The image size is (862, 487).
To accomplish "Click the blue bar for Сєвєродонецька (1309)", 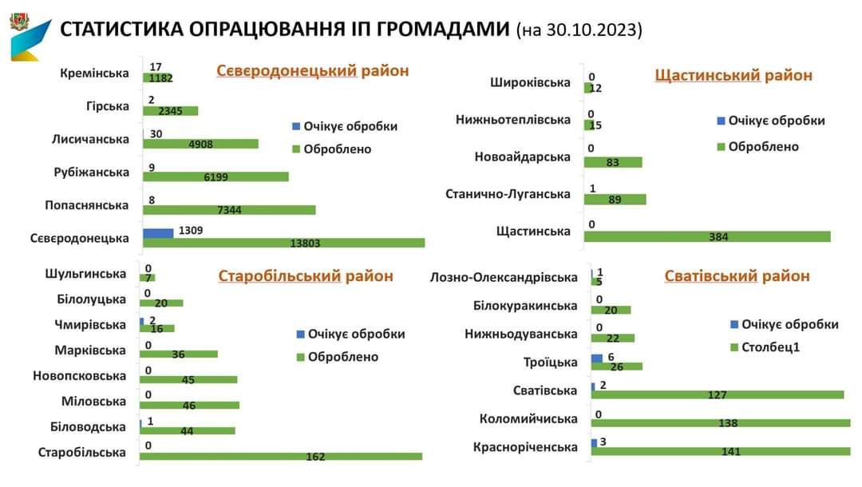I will click(x=158, y=232).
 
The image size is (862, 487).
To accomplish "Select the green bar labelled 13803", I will click(x=284, y=243).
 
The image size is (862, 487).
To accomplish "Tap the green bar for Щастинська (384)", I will click(x=707, y=236).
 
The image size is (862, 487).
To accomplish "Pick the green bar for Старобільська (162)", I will click(x=281, y=457).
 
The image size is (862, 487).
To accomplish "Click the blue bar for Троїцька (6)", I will click(x=597, y=358).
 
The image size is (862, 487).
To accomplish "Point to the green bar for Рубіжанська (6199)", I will click(x=215, y=176).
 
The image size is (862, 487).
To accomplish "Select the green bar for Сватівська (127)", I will click(x=717, y=394).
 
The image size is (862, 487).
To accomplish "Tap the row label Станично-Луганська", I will click(x=508, y=194).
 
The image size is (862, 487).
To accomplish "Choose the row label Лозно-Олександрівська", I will click(x=503, y=278).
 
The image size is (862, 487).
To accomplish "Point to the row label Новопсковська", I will click(x=80, y=376).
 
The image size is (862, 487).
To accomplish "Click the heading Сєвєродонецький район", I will click(x=312, y=71).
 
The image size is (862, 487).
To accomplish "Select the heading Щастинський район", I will click(x=733, y=75).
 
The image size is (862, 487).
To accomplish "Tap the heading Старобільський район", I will click(x=306, y=276).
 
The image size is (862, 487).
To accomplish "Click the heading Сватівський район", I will click(x=737, y=276).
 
